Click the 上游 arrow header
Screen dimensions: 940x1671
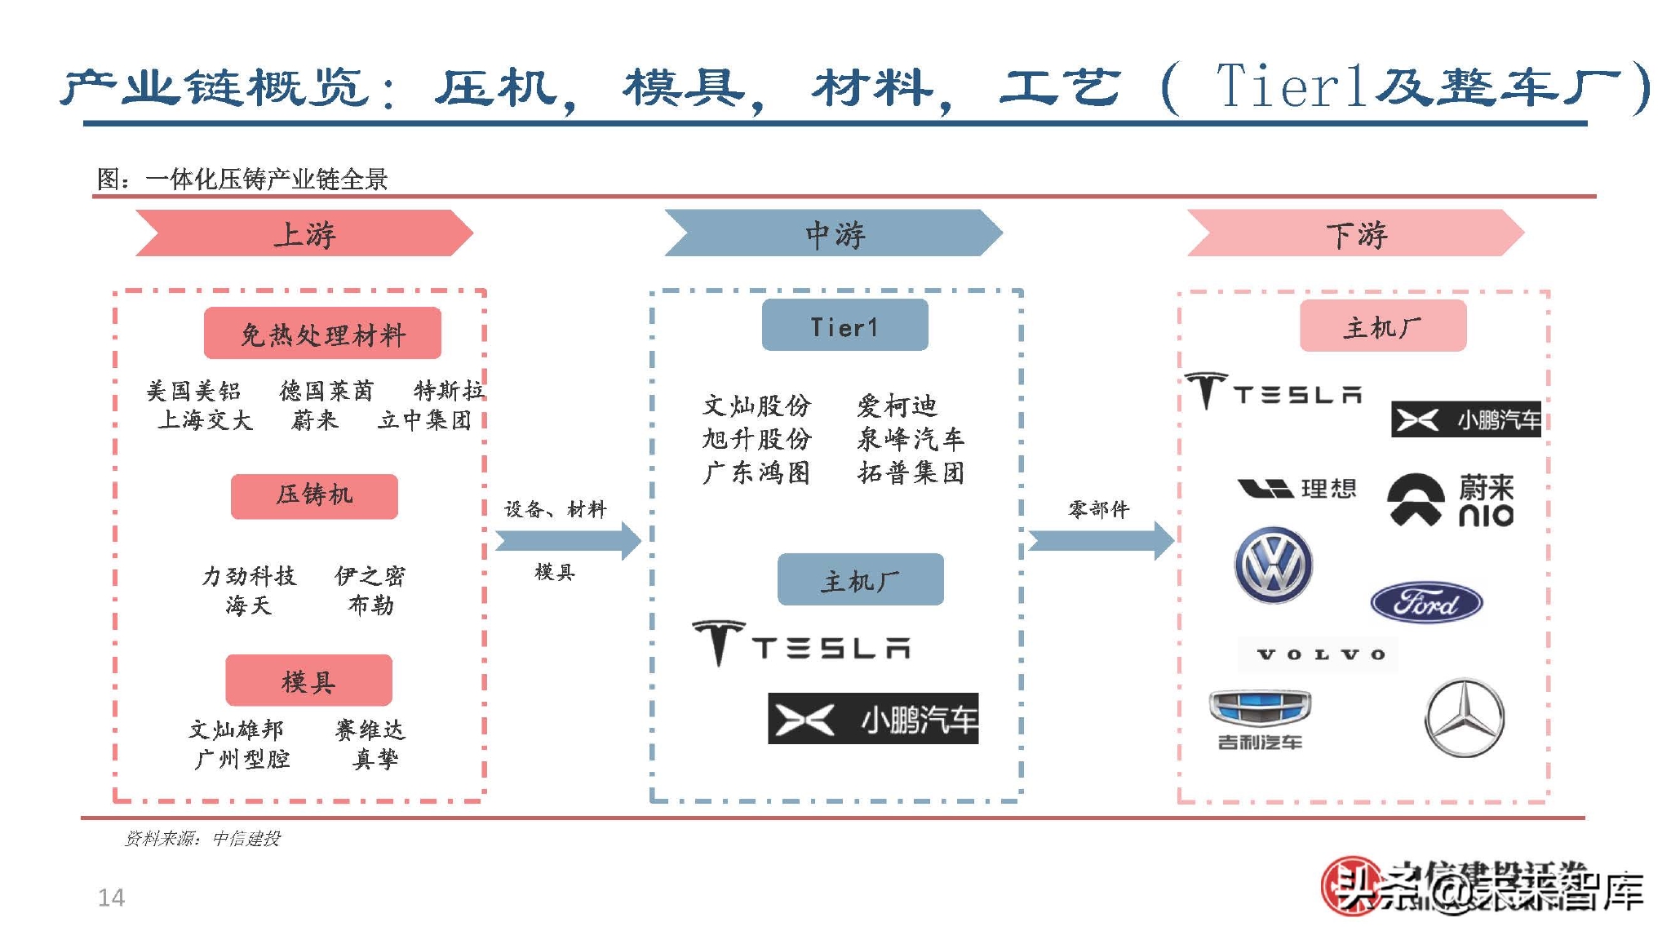click(304, 234)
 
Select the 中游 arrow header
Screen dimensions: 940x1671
click(833, 234)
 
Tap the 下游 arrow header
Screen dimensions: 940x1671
click(1355, 234)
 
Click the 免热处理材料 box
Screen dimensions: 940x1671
click(322, 334)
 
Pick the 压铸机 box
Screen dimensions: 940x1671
click(314, 495)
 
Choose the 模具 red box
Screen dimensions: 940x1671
click(308, 681)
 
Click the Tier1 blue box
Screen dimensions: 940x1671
click(844, 326)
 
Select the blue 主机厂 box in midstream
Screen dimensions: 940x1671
click(860, 580)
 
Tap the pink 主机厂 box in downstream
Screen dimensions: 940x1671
click(1382, 326)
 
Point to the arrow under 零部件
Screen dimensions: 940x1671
click(1100, 540)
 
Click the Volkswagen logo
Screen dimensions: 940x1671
click(1273, 565)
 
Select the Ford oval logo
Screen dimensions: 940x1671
click(1426, 603)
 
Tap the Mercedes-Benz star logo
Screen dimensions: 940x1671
click(1464, 717)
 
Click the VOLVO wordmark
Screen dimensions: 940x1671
click(1319, 654)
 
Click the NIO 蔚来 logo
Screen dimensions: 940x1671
click(1450, 499)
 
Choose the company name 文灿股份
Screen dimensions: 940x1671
click(756, 406)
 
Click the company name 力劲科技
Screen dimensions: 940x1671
click(249, 576)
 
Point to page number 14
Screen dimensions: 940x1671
click(111, 898)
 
